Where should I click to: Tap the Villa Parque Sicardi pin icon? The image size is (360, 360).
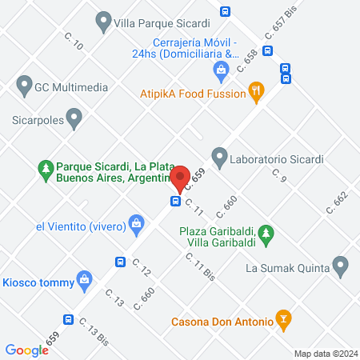[103, 22]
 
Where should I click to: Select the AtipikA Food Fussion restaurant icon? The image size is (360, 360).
[256, 91]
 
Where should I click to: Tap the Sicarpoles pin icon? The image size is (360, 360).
[74, 120]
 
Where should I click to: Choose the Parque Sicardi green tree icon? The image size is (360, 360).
[46, 170]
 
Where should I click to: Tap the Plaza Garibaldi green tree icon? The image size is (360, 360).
[270, 235]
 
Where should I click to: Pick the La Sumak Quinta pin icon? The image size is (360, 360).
[342, 266]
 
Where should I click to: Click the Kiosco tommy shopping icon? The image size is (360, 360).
[83, 280]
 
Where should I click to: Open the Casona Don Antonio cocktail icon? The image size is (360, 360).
[282, 320]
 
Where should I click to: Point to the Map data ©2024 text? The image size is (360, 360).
[324, 353]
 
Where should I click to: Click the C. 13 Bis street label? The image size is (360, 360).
[94, 329]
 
